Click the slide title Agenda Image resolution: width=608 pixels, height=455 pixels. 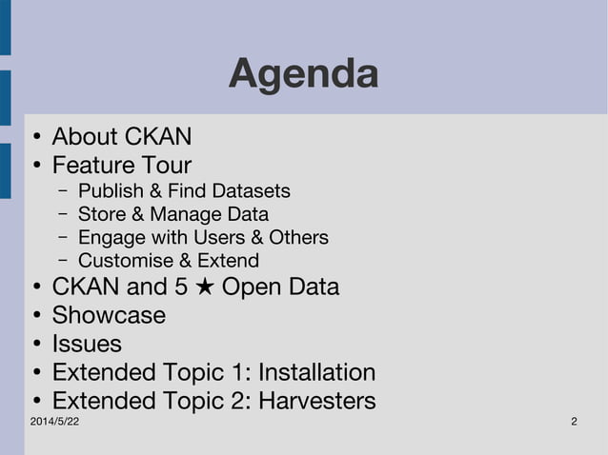coord(303,74)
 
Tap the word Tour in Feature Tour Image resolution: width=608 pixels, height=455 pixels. coord(161,166)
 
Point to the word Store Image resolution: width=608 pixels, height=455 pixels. coord(101,214)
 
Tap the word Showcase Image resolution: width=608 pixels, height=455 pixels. coord(109,315)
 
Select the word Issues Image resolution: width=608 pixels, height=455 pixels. coord(87,344)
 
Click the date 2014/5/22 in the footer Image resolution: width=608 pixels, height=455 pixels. coord(54,422)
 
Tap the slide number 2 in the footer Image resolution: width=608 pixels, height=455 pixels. coord(574,422)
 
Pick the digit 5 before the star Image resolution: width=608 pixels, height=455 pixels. coord(181,287)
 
